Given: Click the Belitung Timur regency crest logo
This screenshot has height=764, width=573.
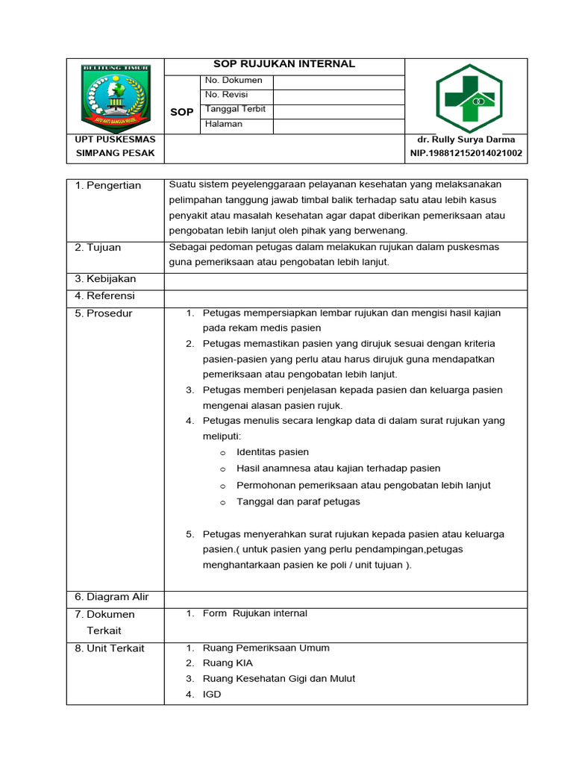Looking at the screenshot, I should tap(116, 98).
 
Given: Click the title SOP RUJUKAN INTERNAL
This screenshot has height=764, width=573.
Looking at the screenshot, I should tap(284, 64).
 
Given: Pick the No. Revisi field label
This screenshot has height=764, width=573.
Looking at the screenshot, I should tap(227, 95).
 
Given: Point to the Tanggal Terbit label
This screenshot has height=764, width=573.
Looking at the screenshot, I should tap(235, 109).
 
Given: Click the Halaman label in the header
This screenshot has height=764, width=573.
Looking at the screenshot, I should tap(224, 124).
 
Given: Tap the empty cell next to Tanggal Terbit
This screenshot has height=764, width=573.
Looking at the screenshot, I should tap(339, 110).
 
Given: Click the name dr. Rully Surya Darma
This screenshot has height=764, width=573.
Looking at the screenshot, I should tap(466, 140).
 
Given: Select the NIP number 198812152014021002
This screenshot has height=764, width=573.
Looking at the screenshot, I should tap(466, 154).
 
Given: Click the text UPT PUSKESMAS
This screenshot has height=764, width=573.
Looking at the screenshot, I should tap(115, 140).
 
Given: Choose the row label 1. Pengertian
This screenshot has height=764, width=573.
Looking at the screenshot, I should tap(108, 185).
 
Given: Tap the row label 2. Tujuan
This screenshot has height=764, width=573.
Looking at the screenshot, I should tap(98, 247).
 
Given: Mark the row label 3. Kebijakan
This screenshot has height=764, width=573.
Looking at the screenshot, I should tap(105, 279).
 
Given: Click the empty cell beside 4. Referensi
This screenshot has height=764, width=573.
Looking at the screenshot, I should tap(345, 296).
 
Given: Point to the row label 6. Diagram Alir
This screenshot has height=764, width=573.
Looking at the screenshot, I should tap(112, 597).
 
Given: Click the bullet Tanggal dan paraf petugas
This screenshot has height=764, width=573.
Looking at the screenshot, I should tap(298, 501).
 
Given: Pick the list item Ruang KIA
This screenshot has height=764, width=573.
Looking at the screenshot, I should tap(222, 663).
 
